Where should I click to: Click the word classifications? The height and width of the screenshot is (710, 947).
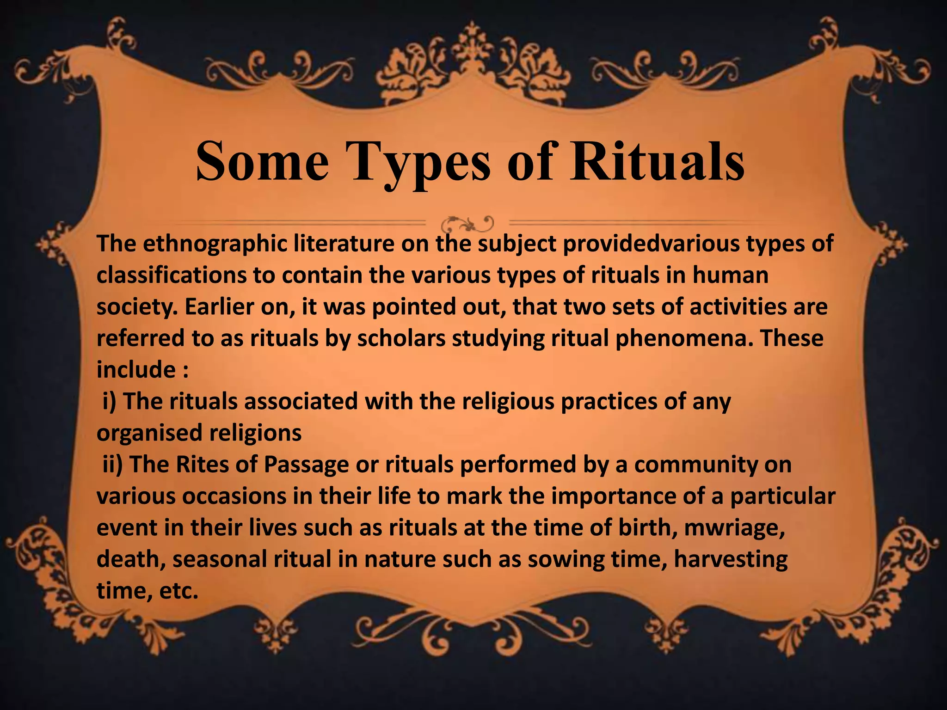pos(172,275)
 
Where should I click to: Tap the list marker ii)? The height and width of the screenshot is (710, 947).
pos(112,465)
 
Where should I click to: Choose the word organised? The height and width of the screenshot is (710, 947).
pos(150,433)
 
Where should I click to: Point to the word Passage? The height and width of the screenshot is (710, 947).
pos(306,465)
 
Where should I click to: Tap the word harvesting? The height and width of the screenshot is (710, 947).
pos(731,560)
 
